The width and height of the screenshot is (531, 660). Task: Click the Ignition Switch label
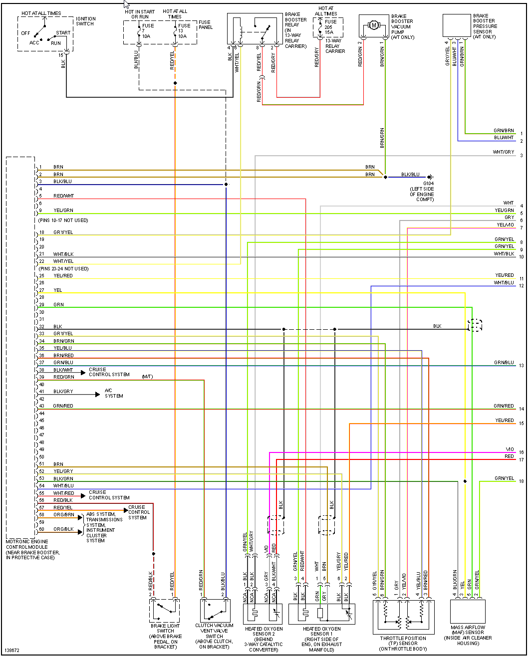coord(85,21)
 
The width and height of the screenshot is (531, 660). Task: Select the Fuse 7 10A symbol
coord(139,31)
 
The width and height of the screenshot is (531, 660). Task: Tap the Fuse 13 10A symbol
coord(175,31)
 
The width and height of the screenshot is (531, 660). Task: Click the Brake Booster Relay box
coord(255,29)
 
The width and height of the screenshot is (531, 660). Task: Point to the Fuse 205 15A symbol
coord(320,27)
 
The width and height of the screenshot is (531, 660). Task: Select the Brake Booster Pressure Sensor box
coord(457,25)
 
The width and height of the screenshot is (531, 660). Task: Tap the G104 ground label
coord(428,184)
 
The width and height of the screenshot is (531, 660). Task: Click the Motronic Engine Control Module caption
coord(32,549)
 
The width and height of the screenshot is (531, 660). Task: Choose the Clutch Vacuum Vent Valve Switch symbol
coord(215,610)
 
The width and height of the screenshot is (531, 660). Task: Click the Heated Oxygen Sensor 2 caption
coord(264,639)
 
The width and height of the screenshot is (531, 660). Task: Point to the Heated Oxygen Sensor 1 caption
coord(321,639)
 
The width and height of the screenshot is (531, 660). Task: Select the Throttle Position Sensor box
coord(403,617)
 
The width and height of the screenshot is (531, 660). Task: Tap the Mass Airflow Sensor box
coord(468,611)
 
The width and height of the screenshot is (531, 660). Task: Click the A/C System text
coord(114,393)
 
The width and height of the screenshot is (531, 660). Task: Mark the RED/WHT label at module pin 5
coord(63,196)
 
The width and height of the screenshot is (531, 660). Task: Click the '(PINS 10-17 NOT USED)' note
coord(63,220)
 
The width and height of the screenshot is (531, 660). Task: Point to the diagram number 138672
coord(12,651)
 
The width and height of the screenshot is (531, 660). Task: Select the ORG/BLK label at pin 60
coord(63,529)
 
